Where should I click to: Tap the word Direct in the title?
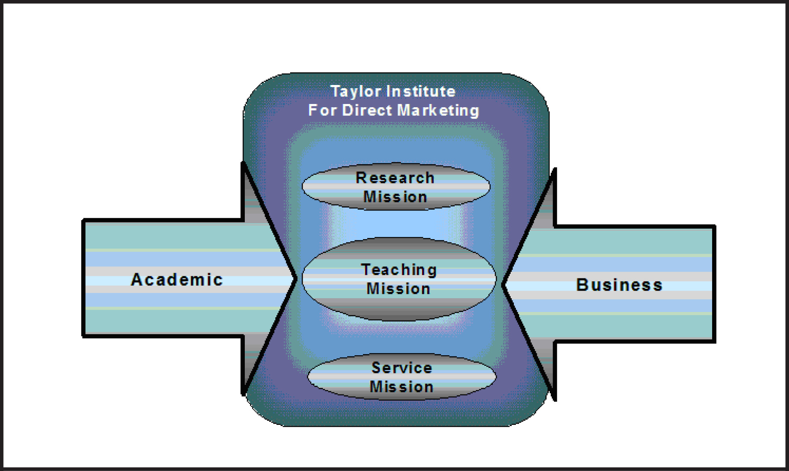point(367,110)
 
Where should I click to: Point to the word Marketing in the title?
point(438,110)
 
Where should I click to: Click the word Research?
point(395,178)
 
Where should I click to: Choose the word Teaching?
point(399,270)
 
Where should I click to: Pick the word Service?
point(402,368)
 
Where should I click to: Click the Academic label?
point(177,280)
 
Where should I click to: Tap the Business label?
point(619,285)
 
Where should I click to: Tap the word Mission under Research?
point(395,197)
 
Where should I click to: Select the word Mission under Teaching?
point(399,289)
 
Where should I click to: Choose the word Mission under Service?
point(402,387)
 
